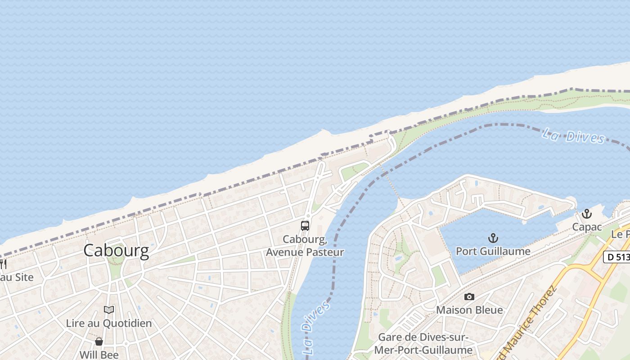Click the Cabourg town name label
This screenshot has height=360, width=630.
116,251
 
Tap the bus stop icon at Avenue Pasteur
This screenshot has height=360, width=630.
305,226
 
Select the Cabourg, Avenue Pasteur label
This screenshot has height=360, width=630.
305,246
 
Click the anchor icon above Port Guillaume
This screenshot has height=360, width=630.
493,238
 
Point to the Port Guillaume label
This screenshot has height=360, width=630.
493,251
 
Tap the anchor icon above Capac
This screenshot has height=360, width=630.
586,214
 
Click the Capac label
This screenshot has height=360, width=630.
587,227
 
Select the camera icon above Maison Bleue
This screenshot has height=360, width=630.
469,297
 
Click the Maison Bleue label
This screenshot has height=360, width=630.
469,310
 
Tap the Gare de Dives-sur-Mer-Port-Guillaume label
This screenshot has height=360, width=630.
425,344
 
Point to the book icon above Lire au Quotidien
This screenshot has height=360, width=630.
109,310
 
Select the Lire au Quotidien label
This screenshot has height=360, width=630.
109,323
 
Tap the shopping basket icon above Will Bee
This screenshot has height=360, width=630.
99,342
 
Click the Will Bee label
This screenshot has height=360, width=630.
99,355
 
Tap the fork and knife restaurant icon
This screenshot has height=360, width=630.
3,264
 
